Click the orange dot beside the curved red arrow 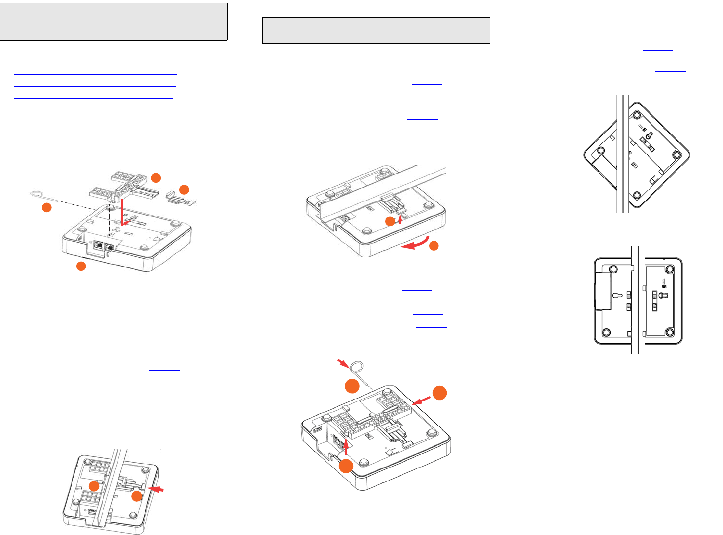click(434, 246)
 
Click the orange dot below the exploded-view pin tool click(46, 208)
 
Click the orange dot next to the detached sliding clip click(184, 189)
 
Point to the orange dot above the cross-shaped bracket click(156, 177)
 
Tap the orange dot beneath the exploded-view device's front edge click(81, 267)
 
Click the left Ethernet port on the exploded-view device click(99, 245)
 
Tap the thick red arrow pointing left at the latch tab click(156, 490)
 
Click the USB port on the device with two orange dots click(93, 510)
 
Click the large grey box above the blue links click(114, 22)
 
